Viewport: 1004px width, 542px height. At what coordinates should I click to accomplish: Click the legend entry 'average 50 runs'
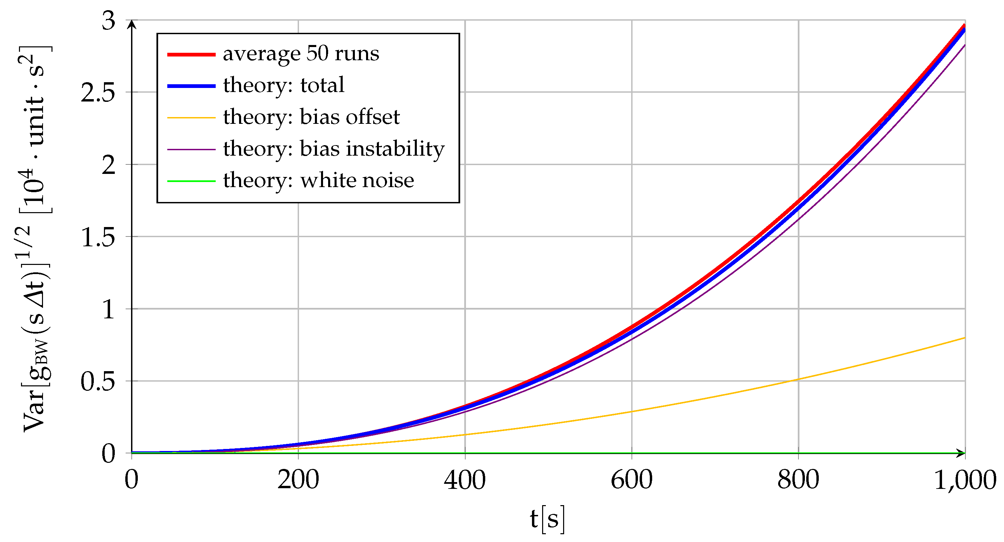tap(300, 54)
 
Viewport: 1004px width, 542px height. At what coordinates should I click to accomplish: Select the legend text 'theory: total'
tap(283, 85)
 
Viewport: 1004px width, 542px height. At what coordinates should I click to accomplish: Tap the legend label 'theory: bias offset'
tap(311, 117)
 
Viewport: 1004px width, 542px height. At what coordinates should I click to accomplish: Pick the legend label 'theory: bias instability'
tap(333, 149)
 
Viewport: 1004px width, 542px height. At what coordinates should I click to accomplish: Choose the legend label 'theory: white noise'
tap(318, 181)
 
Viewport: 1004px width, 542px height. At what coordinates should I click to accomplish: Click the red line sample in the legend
tap(191, 54)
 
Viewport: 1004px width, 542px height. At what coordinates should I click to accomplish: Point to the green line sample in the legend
tap(191, 181)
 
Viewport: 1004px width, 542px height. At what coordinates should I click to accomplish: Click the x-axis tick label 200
tap(298, 480)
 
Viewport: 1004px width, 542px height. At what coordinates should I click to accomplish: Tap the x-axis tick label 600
tap(632, 480)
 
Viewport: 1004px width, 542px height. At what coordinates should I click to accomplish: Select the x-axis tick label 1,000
tap(965, 480)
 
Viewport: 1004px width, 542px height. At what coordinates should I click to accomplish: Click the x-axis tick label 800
tap(798, 480)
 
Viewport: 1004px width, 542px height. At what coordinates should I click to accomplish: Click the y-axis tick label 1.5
tap(98, 237)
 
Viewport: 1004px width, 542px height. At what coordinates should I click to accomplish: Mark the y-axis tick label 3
tap(109, 21)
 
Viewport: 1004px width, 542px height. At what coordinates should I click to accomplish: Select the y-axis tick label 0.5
tap(98, 382)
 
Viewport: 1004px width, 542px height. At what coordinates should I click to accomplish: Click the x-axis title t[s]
tap(547, 519)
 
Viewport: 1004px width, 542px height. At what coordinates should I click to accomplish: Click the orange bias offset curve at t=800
tap(798, 379)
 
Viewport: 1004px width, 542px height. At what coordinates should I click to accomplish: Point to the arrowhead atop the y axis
tap(132, 24)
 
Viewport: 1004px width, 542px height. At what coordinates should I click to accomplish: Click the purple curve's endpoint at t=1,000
tap(964, 46)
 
